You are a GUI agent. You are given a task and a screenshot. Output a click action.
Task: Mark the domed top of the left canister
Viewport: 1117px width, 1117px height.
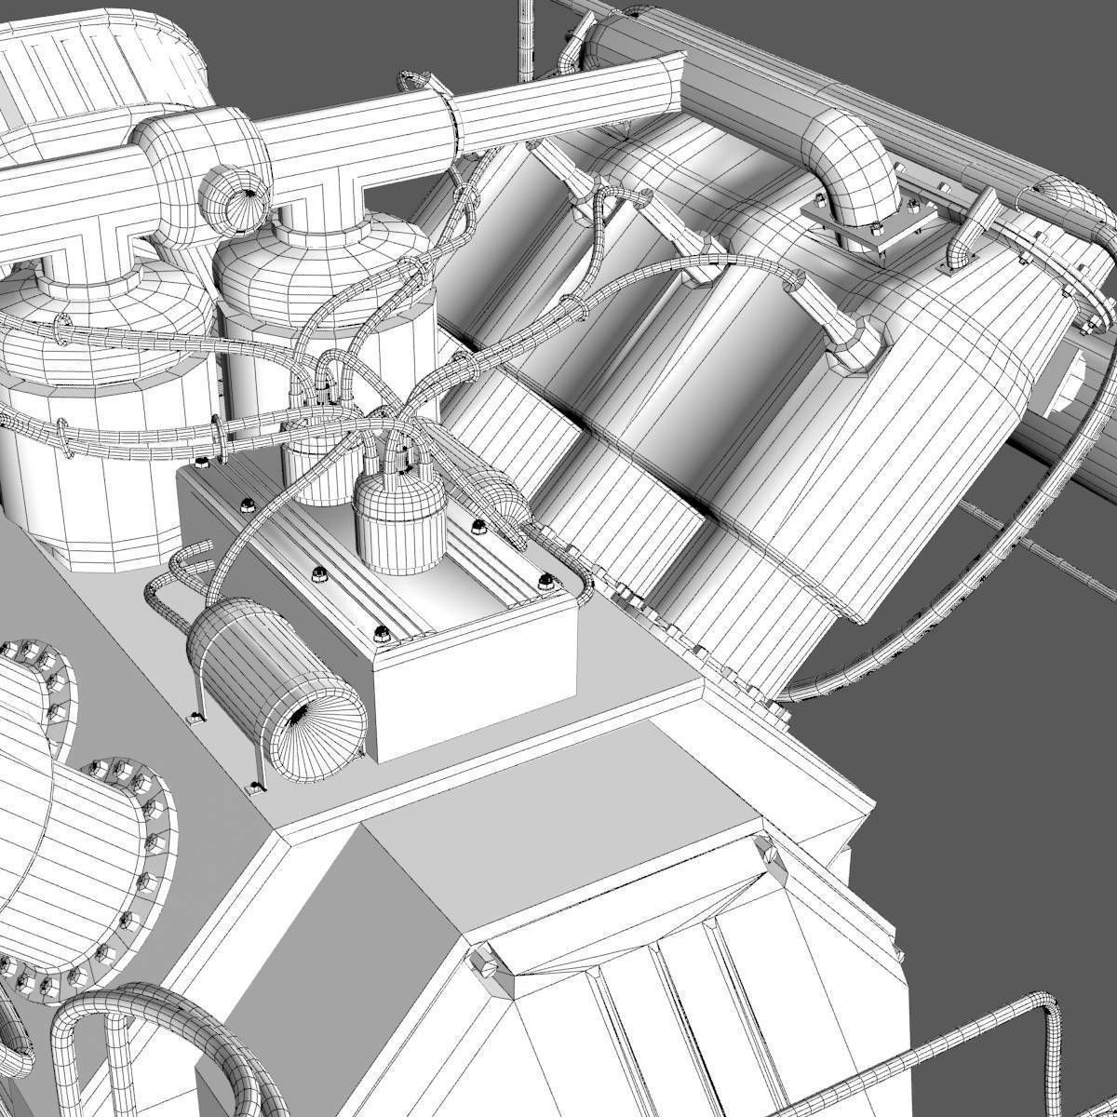pos(93,307)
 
